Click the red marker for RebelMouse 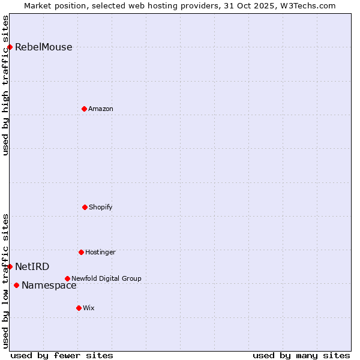coord(10,47)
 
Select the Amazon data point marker coord(84,109)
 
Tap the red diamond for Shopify coord(85,207)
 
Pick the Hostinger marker coord(81,252)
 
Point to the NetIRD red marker coord(10,266)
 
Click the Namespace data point coord(16,285)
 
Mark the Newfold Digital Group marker coord(67,278)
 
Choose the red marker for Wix coord(79,308)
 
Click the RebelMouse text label coord(43,47)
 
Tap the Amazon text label coord(101,109)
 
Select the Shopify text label coord(101,208)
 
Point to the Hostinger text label coord(100,253)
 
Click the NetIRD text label coord(32,267)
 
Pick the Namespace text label coord(49,286)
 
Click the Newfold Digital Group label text coord(106,279)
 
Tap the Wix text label coord(89,308)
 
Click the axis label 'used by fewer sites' coord(62,355)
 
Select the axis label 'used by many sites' coord(301,355)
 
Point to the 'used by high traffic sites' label coord(5,85)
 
